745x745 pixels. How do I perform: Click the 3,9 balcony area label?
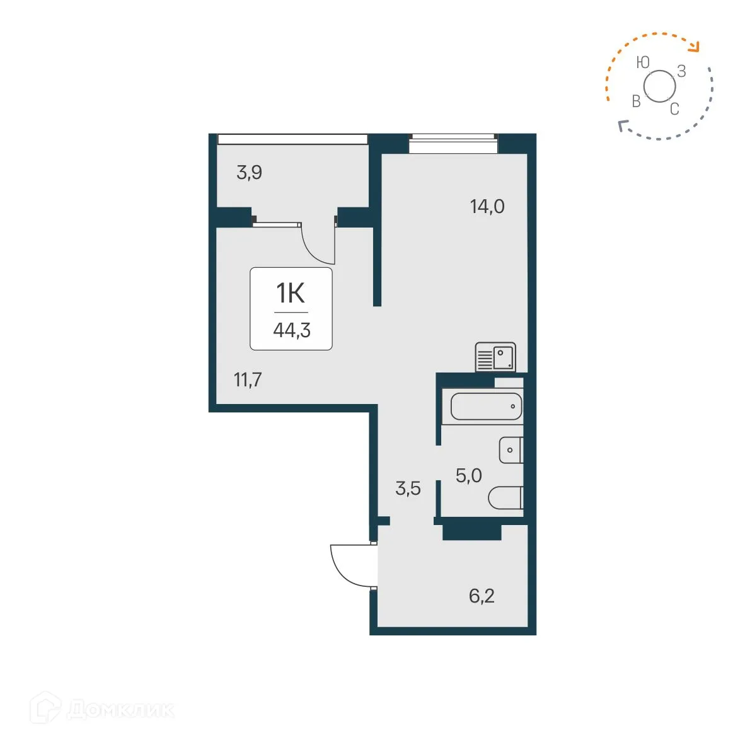[249, 172]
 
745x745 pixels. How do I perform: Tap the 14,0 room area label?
[487, 206]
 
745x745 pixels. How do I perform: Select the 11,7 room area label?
[248, 379]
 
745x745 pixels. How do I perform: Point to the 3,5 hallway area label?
[408, 488]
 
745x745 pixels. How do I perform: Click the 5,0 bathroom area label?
[468, 475]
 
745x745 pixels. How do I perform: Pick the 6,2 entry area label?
[482, 596]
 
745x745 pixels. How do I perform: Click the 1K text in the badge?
[291, 293]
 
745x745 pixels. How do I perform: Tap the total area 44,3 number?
[291, 330]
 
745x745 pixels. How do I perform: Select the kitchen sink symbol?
[495, 357]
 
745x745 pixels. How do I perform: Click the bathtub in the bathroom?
[486, 407]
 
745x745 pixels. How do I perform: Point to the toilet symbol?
[505, 497]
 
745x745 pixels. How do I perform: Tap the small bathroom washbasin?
[511, 450]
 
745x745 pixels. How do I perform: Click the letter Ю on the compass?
[642, 62]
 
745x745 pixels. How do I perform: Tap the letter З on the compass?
[681, 71]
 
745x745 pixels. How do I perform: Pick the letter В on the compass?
[636, 101]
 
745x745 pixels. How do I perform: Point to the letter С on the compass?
[674, 109]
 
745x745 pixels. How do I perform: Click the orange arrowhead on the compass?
[695, 46]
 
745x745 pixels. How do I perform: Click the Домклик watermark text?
[120, 710]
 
